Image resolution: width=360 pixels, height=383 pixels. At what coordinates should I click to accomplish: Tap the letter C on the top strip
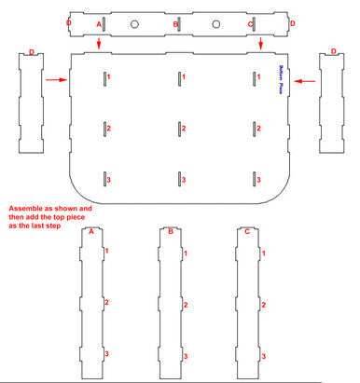tap(250, 21)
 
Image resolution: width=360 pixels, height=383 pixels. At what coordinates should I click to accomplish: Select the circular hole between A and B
tap(135, 22)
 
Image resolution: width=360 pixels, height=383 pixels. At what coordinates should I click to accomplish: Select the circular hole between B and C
tap(216, 22)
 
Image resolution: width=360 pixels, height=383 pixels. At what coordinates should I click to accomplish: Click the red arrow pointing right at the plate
tap(57, 80)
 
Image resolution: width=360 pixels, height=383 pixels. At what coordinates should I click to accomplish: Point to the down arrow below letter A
tap(99, 44)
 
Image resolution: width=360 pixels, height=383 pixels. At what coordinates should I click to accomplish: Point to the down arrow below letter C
tap(261, 44)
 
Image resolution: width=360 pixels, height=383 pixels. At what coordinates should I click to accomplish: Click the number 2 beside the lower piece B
tap(186, 305)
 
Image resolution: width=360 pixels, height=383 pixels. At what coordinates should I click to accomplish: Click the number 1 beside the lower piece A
tap(106, 251)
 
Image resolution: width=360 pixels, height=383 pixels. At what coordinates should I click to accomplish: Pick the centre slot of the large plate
tap(177, 127)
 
